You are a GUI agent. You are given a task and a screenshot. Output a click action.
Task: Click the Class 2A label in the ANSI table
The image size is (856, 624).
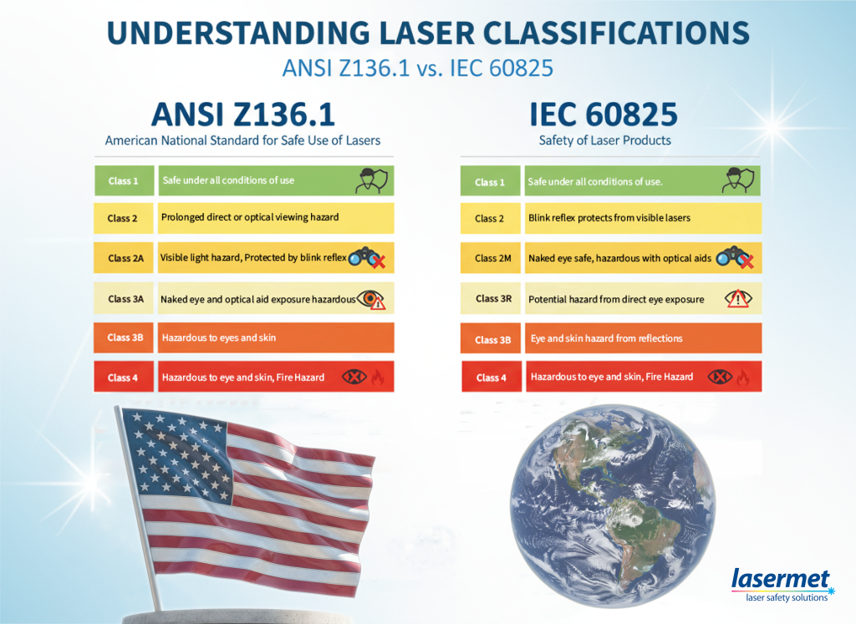point(124,258)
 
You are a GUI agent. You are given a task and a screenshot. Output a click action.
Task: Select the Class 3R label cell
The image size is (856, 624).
point(490,298)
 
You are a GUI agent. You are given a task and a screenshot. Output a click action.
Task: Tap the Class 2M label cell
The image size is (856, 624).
point(490,258)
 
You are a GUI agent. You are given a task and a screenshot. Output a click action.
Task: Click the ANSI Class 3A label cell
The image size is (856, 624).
point(124,298)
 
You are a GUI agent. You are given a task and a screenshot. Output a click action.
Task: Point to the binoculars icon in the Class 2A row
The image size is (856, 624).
point(367,257)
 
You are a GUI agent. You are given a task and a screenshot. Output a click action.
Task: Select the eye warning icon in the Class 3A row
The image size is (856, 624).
point(371,299)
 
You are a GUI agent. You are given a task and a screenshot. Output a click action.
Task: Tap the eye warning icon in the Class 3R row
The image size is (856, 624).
point(738,298)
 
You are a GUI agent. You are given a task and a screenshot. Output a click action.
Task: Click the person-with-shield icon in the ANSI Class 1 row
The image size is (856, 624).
point(373,180)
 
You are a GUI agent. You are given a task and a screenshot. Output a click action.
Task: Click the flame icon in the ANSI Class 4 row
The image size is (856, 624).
point(377,377)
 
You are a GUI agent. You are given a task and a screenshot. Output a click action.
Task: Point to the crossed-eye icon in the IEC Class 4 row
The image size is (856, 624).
point(720,377)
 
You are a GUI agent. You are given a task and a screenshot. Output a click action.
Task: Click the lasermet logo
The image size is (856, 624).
point(782,585)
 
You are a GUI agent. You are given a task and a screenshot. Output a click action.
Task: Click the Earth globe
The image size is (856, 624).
point(613,505)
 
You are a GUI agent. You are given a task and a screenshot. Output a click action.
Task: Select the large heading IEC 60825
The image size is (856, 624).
point(604,114)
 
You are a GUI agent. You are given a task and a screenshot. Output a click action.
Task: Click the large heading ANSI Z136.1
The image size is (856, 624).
point(243,114)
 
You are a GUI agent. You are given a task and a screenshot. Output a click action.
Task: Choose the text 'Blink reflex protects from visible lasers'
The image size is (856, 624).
point(609,218)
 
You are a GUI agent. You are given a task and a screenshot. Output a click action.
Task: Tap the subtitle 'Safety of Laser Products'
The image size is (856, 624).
point(605,140)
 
